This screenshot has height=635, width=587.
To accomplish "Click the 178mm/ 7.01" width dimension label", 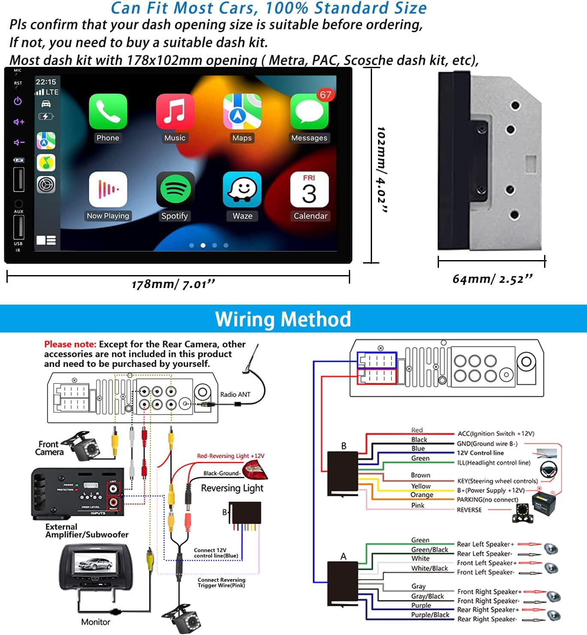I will click(173, 284).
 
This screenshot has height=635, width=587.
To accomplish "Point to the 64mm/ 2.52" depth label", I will click(492, 279).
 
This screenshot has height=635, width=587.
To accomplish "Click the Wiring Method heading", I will click(283, 319).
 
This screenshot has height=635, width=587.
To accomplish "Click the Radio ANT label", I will click(235, 394).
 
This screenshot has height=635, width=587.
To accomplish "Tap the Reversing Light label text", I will click(232, 488).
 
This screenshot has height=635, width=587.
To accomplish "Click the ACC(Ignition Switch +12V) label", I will click(496, 434).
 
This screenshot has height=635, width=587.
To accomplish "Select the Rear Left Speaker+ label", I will click(485, 544).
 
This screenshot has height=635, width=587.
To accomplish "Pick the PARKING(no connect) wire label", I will click(487, 500).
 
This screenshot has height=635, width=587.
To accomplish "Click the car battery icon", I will click(544, 501).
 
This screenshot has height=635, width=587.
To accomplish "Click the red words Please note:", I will click(70, 344).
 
